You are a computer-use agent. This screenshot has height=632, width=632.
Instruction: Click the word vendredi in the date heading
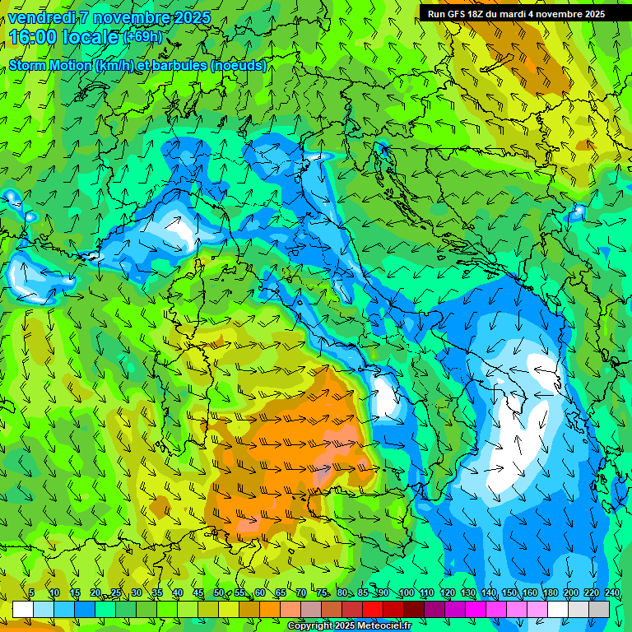coord(42,17)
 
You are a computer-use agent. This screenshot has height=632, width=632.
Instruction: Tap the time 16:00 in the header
coord(34,37)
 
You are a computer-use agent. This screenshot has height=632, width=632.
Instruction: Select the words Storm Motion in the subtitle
coord(49,66)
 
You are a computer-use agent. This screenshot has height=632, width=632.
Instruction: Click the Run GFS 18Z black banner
coord(516,14)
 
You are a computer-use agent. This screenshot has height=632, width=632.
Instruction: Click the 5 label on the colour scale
coord(31,593)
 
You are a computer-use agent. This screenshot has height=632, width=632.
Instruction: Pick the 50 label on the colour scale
coord(218,593)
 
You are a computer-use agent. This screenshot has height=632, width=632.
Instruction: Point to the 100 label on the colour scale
coord(406,593)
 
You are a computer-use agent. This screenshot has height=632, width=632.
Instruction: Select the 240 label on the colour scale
coord(611,593)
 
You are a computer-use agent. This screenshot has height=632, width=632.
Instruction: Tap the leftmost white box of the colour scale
coord(22,609)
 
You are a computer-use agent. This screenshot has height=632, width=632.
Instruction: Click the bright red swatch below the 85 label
coord(373,609)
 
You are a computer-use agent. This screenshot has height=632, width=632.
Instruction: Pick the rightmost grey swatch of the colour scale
coord(599,609)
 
